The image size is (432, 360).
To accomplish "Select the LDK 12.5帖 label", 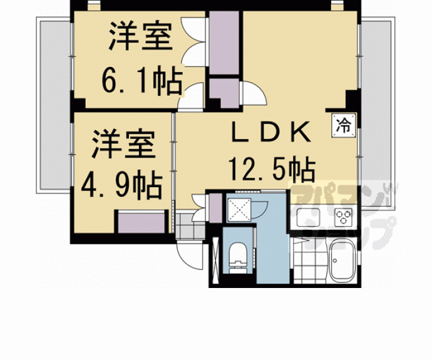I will click(270, 150).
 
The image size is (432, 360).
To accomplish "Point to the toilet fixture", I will click(239, 258).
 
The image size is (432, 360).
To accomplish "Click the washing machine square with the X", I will click(239, 208).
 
